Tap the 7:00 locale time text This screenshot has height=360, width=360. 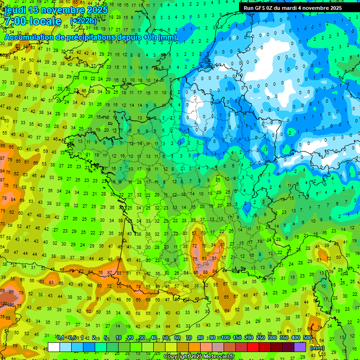click(x=33, y=21)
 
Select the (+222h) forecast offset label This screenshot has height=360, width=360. click(x=83, y=21)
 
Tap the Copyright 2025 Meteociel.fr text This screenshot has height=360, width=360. click(x=199, y=357)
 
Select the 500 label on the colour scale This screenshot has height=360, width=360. click(x=307, y=338)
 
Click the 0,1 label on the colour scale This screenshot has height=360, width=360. click(x=60, y=338)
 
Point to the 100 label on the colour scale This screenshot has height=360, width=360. click(x=225, y=338)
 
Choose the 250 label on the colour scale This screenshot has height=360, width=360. click(x=261, y=338)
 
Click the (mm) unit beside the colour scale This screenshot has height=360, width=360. click(x=317, y=348)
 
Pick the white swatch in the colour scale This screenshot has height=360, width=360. click(x=54, y=347)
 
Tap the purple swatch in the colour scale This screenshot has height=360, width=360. click(x=300, y=347)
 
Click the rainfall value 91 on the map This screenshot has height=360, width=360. click(x=214, y=258)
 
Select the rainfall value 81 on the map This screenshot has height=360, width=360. click(x=222, y=244)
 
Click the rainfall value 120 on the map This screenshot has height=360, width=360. click(x=4, y=304)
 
